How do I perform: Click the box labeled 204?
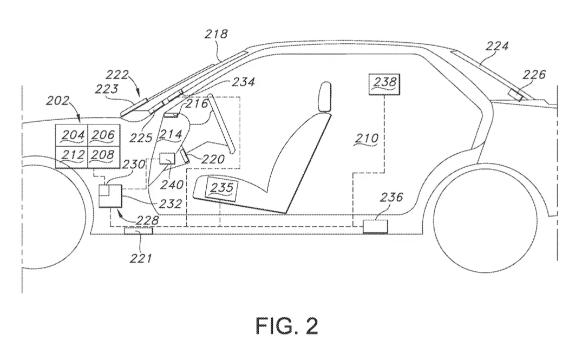click(x=71, y=135)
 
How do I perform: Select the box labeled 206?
click(x=104, y=135)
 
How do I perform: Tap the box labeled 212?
click(x=71, y=157)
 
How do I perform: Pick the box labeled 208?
click(x=104, y=157)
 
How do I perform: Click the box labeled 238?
click(x=384, y=84)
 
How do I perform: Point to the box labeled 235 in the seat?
click(x=221, y=189)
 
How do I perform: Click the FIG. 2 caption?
click(x=287, y=325)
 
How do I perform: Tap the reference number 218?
click(x=216, y=34)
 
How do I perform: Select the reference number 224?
click(x=497, y=46)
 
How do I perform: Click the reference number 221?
click(x=141, y=258)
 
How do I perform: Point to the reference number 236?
click(x=391, y=197)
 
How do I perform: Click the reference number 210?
click(x=367, y=138)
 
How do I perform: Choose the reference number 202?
click(x=57, y=100)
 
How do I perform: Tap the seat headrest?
click(x=325, y=97)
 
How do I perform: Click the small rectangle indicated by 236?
click(x=375, y=226)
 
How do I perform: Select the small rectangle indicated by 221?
click(x=138, y=231)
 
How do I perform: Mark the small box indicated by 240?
click(x=167, y=159)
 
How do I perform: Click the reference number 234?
click(x=243, y=82)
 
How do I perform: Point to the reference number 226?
click(x=534, y=75)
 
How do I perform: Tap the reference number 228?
click(x=147, y=220)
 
